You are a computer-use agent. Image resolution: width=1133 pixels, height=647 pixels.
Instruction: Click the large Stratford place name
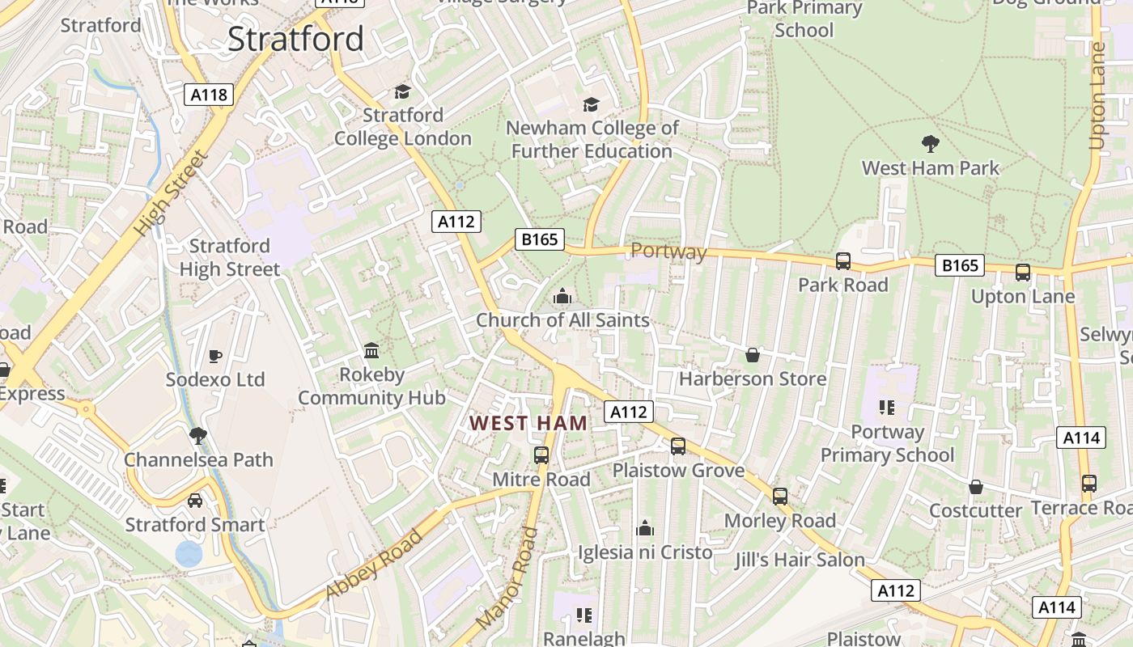295,39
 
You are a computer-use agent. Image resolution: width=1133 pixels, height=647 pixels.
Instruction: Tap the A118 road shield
208,95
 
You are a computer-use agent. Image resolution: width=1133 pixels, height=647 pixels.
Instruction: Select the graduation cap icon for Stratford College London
402,91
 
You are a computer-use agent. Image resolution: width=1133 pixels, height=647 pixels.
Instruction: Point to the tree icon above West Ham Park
931,144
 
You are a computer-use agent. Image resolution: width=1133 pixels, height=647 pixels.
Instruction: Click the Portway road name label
668,252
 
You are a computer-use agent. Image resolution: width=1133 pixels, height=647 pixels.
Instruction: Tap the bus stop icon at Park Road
843,260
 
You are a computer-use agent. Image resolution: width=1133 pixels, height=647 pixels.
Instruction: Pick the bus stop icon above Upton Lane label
1023,273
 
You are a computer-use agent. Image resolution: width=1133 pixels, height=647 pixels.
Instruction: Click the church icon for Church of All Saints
562,297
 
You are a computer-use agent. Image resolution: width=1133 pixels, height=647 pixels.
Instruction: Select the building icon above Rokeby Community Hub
371,351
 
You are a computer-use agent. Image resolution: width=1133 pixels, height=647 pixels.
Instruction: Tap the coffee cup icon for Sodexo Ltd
215,356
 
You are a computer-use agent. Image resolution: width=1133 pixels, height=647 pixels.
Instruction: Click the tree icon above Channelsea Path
198,436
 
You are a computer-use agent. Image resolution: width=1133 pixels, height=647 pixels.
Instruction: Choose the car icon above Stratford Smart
195,501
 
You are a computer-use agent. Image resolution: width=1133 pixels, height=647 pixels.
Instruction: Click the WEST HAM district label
528,423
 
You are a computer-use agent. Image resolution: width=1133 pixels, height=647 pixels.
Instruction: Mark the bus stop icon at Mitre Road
541,455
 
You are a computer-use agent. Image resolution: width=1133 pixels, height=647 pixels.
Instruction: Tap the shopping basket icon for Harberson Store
753,355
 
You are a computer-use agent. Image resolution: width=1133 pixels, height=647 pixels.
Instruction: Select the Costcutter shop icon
976,487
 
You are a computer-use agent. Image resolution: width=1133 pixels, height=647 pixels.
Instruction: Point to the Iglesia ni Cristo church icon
645,528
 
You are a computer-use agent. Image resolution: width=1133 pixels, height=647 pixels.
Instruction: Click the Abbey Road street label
374,565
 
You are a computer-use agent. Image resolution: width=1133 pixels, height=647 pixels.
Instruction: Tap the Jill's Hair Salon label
800,560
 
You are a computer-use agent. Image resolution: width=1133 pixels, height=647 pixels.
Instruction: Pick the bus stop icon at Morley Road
780,496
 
